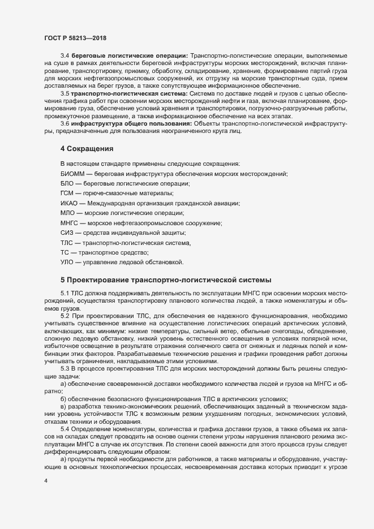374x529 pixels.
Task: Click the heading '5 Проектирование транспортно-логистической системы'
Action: pos(166,279)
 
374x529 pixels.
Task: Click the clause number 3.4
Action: pos(65,56)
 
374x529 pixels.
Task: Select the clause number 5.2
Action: pos(65,315)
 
